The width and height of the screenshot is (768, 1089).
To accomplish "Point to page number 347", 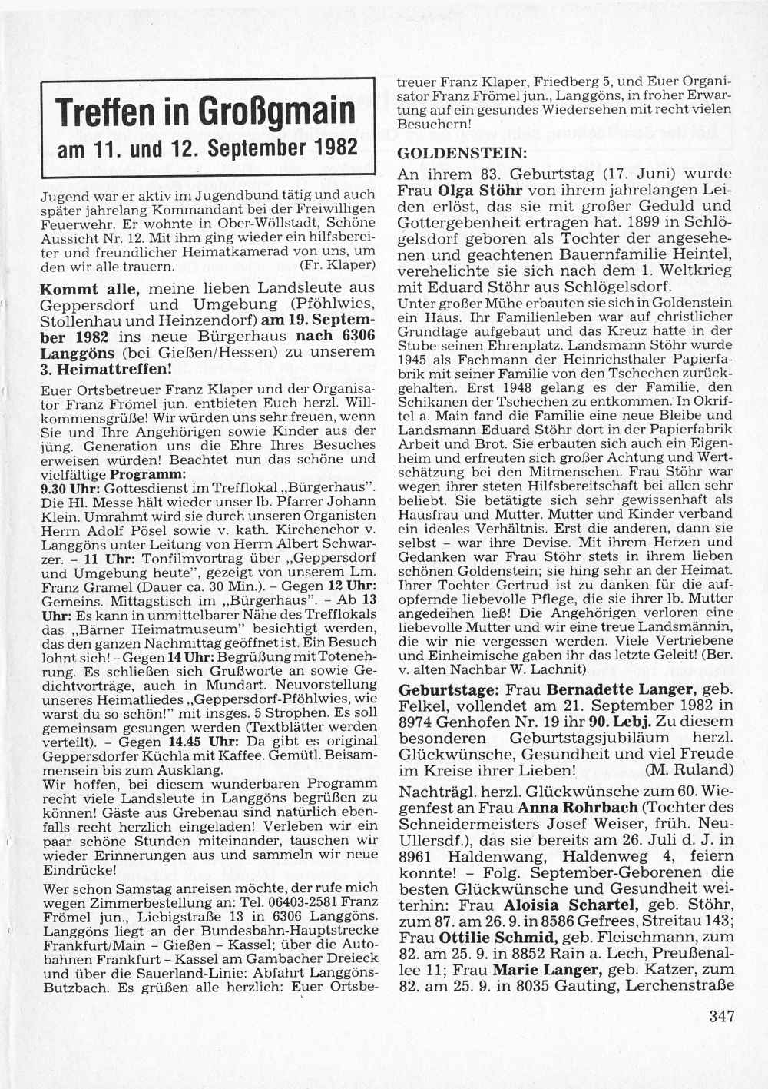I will (722, 1016).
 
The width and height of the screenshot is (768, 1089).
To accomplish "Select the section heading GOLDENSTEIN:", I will (451, 152).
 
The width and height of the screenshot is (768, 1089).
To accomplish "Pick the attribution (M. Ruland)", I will (689, 769).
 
